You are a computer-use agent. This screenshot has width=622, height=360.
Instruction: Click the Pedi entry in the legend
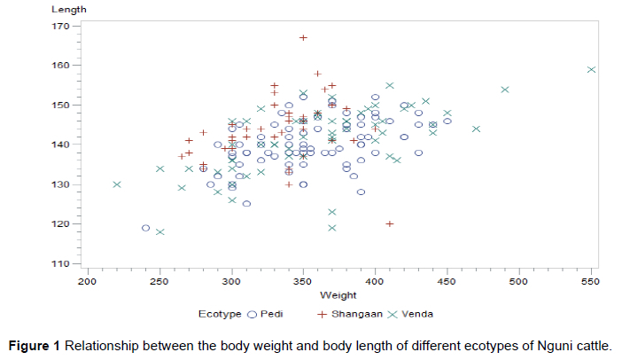click(x=273, y=314)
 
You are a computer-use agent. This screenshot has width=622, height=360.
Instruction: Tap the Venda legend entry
click(x=416, y=314)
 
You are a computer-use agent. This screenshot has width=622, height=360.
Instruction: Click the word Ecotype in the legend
click(x=221, y=314)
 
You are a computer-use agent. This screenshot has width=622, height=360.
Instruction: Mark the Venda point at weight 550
click(x=591, y=69)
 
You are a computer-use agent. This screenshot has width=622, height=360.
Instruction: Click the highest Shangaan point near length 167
click(x=303, y=37)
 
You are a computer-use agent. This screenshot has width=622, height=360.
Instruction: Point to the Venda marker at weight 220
click(x=117, y=184)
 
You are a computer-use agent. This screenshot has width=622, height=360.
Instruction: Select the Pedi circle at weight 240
click(x=145, y=228)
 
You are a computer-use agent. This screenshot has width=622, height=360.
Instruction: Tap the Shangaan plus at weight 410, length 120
click(x=390, y=223)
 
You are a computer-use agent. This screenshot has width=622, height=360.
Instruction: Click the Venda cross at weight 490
click(x=505, y=90)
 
